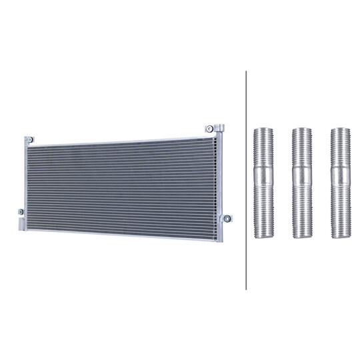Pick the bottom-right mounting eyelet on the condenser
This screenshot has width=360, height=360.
click(x=227, y=219)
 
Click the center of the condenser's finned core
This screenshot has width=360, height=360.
click(x=123, y=181)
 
